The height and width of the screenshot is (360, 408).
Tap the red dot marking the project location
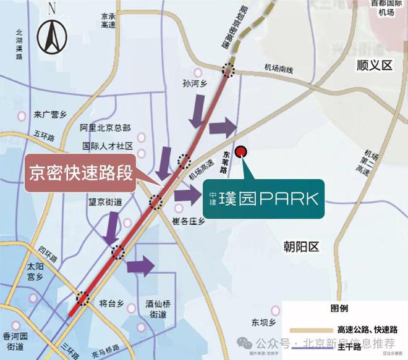242,151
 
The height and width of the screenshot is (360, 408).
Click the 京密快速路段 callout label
80,172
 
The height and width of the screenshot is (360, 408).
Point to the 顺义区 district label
375,64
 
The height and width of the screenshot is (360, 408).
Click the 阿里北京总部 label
105,128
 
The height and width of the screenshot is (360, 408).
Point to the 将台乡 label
112,303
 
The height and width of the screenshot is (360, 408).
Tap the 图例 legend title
339,308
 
